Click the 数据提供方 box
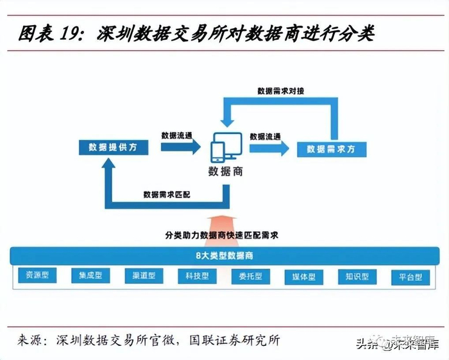(x=114, y=147)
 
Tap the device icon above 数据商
(x=225, y=147)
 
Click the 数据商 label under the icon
(x=225, y=172)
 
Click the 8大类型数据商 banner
(x=224, y=255)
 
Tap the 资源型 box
(x=37, y=277)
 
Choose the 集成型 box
(x=90, y=277)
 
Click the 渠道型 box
(x=144, y=277)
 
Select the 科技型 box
(x=197, y=277)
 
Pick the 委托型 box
(x=250, y=277)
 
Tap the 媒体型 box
(x=303, y=277)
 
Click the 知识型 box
(x=357, y=277)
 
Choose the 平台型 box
(x=410, y=277)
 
